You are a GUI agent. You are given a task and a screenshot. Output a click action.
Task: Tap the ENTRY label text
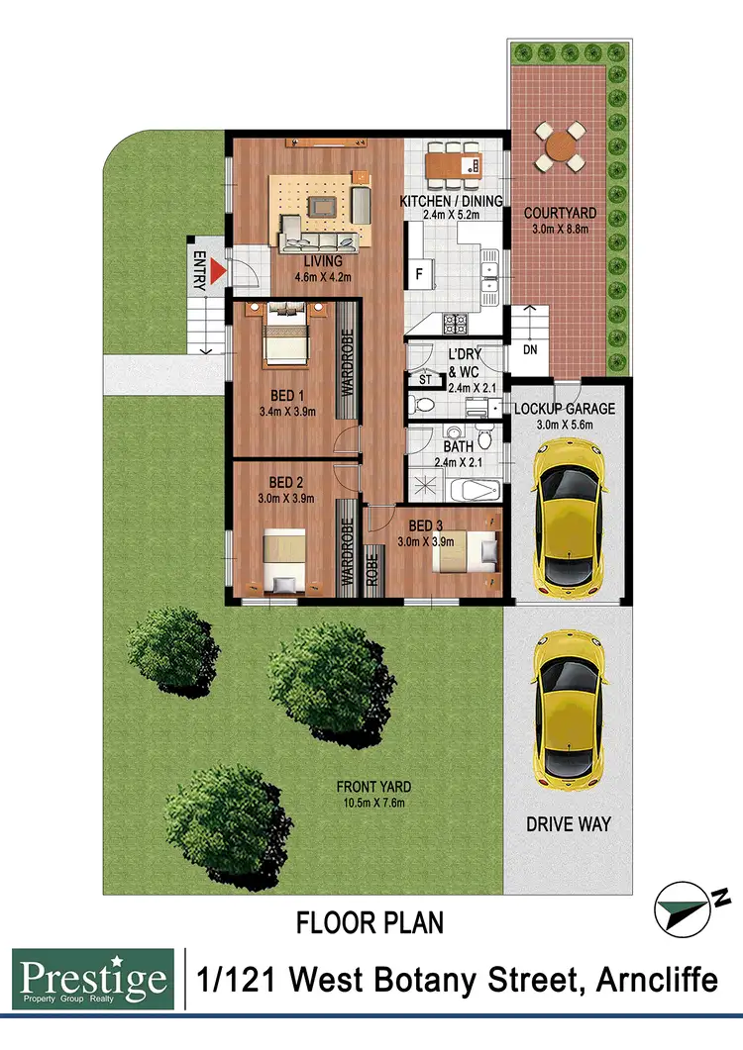click(198, 270)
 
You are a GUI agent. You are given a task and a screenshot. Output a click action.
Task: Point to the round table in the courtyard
click(561, 146)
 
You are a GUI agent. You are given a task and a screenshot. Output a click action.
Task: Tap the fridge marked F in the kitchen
click(418, 272)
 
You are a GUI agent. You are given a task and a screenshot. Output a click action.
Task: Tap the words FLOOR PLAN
click(371, 923)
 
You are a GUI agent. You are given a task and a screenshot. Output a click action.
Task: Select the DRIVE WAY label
click(568, 823)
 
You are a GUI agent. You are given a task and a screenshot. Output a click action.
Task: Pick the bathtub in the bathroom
click(475, 490)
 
